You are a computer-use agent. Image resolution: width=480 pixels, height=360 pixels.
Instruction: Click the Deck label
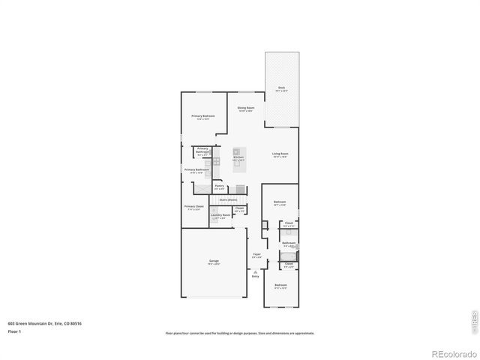point(281,88)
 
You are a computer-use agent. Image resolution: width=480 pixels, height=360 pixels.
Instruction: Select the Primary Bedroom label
point(202,117)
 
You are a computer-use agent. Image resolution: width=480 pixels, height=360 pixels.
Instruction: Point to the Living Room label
point(280,154)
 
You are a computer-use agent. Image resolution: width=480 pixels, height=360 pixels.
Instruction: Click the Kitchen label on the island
point(238,157)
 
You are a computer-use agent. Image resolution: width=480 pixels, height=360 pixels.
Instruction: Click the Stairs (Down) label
point(228,199)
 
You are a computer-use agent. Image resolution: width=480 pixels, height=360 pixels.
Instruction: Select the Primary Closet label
point(193,207)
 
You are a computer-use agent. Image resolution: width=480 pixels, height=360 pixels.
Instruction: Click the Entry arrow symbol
point(256,271)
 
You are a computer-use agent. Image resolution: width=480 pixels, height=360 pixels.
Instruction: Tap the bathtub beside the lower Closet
point(288,256)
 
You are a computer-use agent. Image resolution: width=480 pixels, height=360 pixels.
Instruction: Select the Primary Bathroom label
point(196,170)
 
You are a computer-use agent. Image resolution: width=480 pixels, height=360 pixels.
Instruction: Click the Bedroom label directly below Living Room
point(280,202)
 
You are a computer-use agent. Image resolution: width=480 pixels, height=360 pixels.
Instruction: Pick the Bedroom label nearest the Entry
point(280,286)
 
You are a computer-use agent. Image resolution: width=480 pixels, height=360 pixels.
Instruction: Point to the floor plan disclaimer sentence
point(240,333)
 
